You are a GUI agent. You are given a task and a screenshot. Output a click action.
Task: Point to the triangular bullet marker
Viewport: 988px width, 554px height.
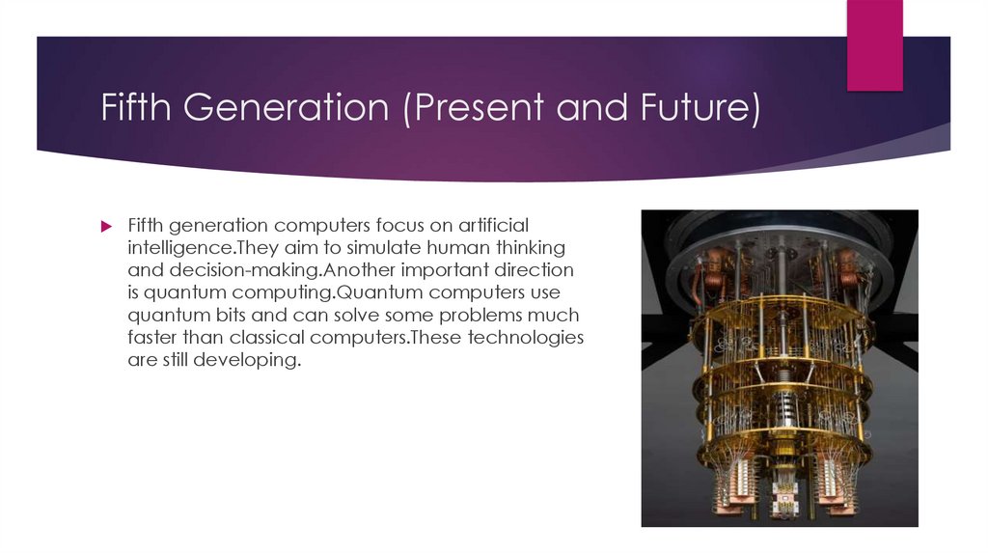(107, 225)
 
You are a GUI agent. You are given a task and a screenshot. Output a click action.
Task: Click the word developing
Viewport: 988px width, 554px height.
(246, 360)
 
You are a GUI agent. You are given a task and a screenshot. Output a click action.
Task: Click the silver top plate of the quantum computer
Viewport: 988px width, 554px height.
(779, 231)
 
